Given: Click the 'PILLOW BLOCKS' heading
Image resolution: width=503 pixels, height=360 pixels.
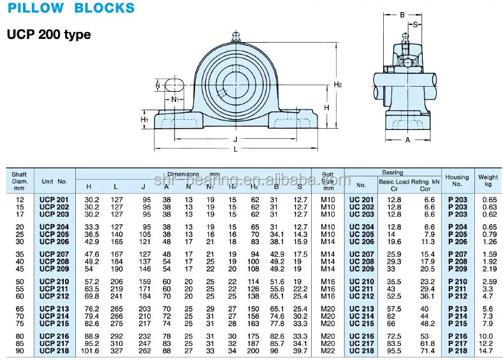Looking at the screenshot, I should pos(71,8).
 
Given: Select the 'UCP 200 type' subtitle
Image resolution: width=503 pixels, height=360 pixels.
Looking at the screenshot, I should pos(48,34).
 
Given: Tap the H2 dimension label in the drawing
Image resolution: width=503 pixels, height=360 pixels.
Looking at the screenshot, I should pos(338,85).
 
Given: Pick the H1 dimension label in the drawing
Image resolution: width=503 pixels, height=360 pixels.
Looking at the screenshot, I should pos(145,119).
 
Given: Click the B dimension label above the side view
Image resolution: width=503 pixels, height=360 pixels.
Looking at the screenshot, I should pos(402,14).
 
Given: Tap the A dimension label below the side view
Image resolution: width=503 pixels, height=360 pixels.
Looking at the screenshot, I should pos(407,140).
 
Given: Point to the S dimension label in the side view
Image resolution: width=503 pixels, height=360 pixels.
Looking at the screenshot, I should pos(415,25).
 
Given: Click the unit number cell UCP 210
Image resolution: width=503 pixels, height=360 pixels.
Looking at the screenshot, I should pos(54,282).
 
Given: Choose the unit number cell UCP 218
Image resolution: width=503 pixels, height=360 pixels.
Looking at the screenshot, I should pos(54,350).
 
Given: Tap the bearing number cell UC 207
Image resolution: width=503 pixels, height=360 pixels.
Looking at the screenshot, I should pos(361,255).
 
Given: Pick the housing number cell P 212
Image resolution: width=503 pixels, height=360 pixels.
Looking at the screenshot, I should pos(457,296).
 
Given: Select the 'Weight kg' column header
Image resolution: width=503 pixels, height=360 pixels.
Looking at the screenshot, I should pos(488,180).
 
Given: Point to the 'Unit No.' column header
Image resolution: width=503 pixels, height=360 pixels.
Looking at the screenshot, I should pos(54,182).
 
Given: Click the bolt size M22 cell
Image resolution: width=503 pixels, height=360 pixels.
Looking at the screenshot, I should pos(328,350).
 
